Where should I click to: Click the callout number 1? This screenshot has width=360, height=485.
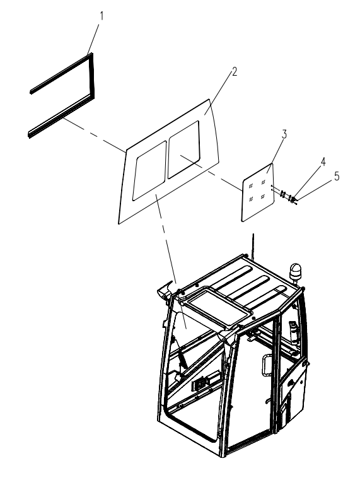(101, 16)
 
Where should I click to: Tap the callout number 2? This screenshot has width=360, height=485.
(235, 72)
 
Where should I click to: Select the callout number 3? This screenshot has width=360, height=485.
(284, 134)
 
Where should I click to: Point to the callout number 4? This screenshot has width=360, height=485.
(323, 161)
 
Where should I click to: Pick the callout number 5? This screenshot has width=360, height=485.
(337, 177)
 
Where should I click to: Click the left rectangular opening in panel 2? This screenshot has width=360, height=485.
(149, 171)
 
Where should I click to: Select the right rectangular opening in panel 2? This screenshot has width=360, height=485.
(183, 149)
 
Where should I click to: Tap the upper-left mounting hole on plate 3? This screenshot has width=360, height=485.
(251, 185)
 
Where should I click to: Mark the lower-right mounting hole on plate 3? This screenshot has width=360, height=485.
(262, 196)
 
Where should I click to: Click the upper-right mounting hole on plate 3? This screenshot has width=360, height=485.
(263, 182)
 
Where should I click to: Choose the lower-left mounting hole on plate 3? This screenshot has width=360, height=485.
(251, 199)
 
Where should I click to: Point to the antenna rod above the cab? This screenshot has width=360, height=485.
(253, 246)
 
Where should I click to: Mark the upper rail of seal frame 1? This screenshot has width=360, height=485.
(61, 73)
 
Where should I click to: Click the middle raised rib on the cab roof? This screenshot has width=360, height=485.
(249, 288)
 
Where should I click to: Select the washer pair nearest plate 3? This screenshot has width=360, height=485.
(282, 194)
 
